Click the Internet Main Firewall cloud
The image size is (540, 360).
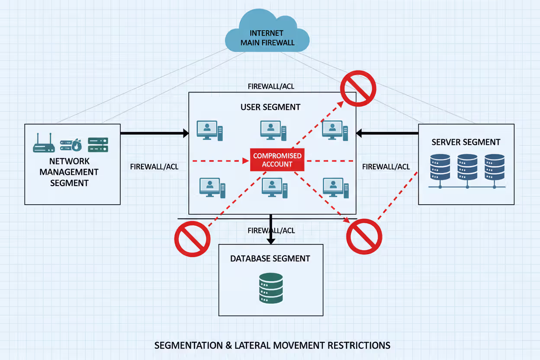[267, 37]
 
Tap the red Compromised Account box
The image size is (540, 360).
[277, 160]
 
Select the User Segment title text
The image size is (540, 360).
[270, 107]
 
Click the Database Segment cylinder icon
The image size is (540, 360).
[271, 288]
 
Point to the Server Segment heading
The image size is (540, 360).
[466, 142]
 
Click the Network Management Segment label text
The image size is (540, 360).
[69, 172]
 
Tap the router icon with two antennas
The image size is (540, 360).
[44, 145]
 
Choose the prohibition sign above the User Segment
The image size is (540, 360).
[358, 88]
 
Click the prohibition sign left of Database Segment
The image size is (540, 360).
[192, 239]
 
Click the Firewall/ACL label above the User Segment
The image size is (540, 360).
[271, 87]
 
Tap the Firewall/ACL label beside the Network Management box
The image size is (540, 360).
[154, 167]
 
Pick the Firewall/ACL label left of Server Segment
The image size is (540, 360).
[386, 167]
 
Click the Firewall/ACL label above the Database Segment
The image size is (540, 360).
[271, 231]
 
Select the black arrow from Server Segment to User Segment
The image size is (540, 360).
[387, 133]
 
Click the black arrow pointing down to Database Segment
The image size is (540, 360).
[271, 229]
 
